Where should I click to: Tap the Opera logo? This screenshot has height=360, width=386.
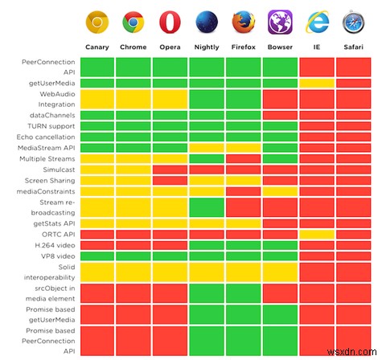point(170,22)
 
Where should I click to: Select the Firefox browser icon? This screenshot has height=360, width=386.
point(243,22)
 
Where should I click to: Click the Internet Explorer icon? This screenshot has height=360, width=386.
point(316,22)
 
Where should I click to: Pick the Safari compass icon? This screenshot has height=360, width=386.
point(352,22)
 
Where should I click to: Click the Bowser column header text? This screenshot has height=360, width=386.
point(279,46)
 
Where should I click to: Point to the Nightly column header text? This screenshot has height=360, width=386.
point(207,46)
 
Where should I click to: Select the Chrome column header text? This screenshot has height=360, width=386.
point(133,46)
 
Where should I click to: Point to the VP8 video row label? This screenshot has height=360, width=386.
point(56,256)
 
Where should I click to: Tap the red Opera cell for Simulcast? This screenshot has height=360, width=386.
point(170,170)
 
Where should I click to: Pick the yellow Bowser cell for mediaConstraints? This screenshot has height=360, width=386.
point(279,192)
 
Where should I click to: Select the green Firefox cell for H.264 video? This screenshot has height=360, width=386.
point(243,245)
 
